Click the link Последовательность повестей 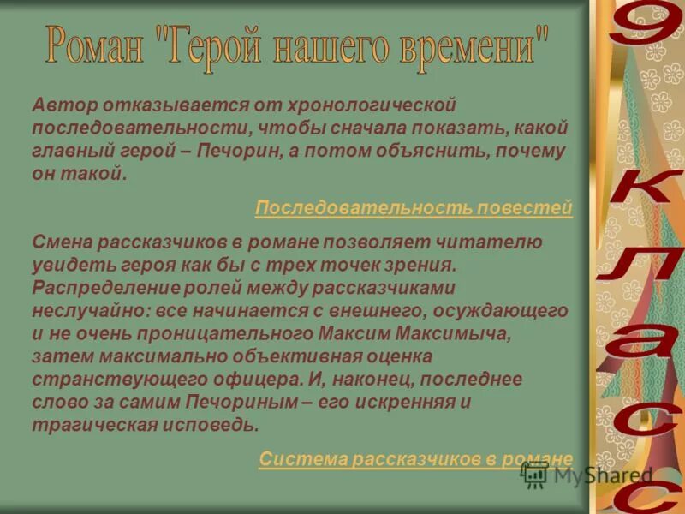414,208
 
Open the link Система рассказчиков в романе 415,459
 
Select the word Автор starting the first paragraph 64,105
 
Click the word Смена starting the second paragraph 62,242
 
